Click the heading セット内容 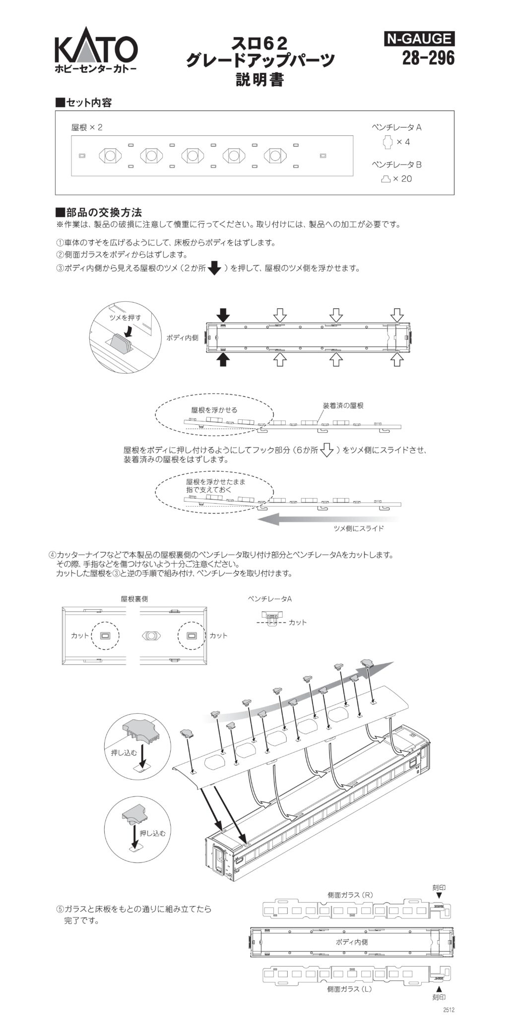point(83,103)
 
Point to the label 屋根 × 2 point(87,127)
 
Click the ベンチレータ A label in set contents point(396,127)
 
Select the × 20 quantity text point(402,179)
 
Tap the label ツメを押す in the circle point(125,317)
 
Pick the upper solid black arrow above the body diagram point(224,314)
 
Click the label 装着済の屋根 point(343,405)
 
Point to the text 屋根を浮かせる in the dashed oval point(214,410)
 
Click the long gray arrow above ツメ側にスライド point(327,519)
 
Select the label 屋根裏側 point(134,599)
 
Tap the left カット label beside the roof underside point(80,635)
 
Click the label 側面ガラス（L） point(350,989)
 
